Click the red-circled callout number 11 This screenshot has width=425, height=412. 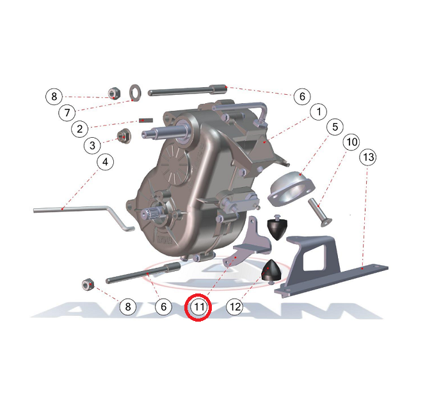[x=198, y=307]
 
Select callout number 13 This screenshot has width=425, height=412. [x=368, y=157]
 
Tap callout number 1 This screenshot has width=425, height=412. [x=319, y=111]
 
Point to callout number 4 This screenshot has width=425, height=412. [x=105, y=162]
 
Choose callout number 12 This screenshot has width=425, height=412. [x=235, y=307]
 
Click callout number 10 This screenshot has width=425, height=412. [x=351, y=142]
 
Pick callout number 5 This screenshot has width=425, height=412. [x=335, y=127]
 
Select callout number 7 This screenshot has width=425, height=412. [x=67, y=112]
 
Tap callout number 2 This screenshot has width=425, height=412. [x=79, y=129]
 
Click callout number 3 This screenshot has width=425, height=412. [x=92, y=145]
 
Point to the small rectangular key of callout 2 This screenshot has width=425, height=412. [x=146, y=120]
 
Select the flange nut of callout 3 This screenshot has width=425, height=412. [x=124, y=135]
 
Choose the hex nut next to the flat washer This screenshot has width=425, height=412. [x=114, y=94]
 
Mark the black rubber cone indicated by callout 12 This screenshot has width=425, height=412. [x=271, y=272]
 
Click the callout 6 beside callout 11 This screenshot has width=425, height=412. [x=163, y=307]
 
